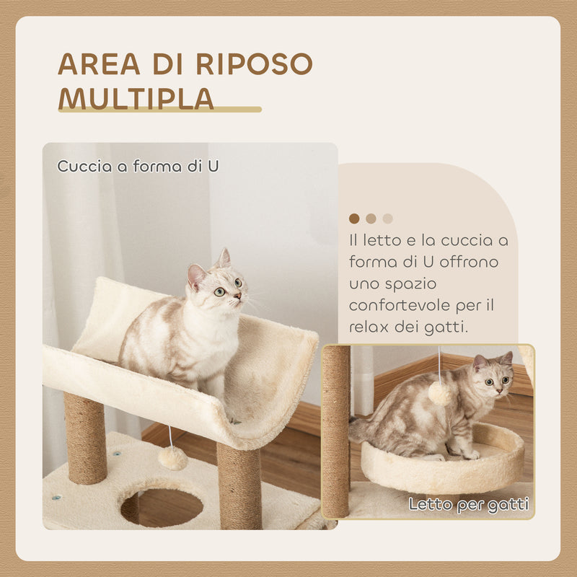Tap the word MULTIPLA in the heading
point(136,98)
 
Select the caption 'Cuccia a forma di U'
point(138,166)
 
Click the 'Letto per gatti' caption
point(469,504)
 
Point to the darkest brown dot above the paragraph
point(354,219)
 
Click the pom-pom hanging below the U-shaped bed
point(173,458)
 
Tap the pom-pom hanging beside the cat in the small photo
point(439,392)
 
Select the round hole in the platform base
point(162,506)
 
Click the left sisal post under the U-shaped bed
point(85,439)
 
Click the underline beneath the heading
point(159,110)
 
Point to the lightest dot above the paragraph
point(388,219)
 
